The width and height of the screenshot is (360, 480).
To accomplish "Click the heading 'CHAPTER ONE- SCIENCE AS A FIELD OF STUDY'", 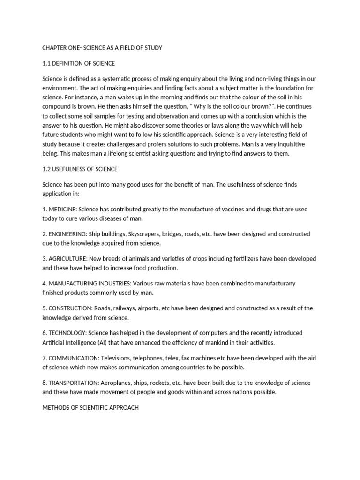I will tap(102, 48).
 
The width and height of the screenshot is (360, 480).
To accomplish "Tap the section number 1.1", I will tap(46, 63).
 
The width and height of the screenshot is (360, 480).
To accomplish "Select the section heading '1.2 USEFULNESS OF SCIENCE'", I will tap(80, 169).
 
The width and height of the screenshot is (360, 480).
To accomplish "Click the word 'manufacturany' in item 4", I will tap(276, 284).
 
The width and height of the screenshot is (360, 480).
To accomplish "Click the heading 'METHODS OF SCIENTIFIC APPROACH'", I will tap(90, 408).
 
